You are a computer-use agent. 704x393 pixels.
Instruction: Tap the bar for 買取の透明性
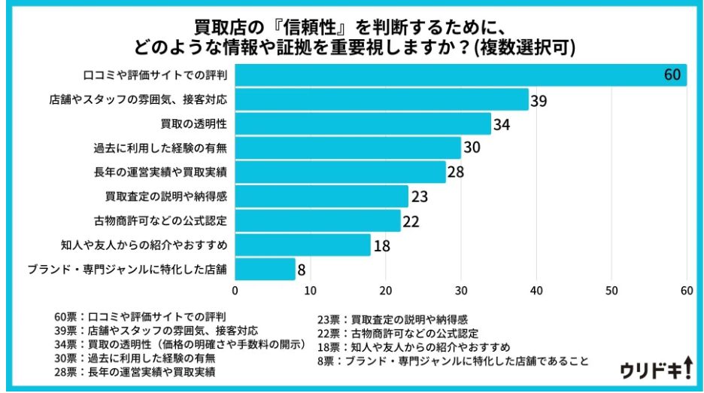click(363, 123)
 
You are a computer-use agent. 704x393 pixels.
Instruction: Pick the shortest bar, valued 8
click(266, 268)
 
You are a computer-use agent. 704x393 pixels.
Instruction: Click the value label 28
click(456, 172)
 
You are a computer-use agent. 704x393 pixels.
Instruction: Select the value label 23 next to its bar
click(419, 196)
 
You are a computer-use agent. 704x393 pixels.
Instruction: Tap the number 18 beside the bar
click(381, 245)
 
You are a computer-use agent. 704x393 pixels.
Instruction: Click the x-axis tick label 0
click(235, 291)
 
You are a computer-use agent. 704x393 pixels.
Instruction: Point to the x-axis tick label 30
click(461, 291)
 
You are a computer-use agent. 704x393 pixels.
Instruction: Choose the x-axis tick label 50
click(611, 291)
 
